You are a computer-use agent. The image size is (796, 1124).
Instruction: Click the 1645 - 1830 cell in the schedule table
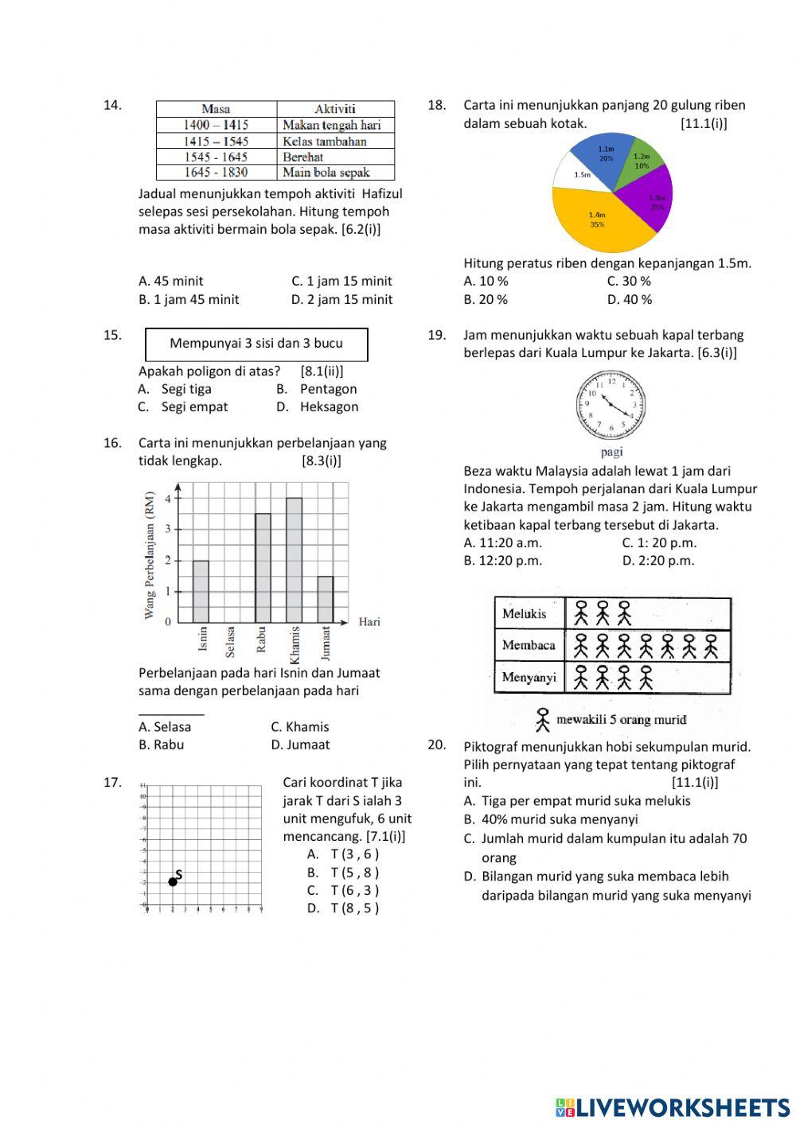(x=216, y=173)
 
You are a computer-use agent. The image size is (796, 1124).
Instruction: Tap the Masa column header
(x=216, y=109)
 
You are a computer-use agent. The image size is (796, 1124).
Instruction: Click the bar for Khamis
(x=294, y=561)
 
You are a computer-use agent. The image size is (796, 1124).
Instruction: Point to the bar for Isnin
(x=201, y=592)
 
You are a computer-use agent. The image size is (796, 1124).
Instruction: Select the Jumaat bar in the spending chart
(x=325, y=599)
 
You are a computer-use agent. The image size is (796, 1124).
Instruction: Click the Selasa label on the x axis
(x=231, y=642)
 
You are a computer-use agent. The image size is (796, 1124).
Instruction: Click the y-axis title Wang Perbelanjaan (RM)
(x=150, y=555)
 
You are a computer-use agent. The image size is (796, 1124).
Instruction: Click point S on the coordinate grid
(x=173, y=881)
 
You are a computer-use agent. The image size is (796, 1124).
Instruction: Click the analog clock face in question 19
(x=611, y=405)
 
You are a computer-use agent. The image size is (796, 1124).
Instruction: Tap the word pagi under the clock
(x=611, y=452)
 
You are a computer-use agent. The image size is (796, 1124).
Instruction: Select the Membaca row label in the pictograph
(x=529, y=645)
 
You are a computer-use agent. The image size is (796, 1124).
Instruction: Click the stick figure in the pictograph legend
(x=543, y=720)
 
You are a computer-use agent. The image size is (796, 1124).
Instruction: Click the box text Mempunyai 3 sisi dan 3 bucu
(x=256, y=344)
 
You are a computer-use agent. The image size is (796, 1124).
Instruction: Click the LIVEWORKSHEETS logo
(x=673, y=1107)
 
